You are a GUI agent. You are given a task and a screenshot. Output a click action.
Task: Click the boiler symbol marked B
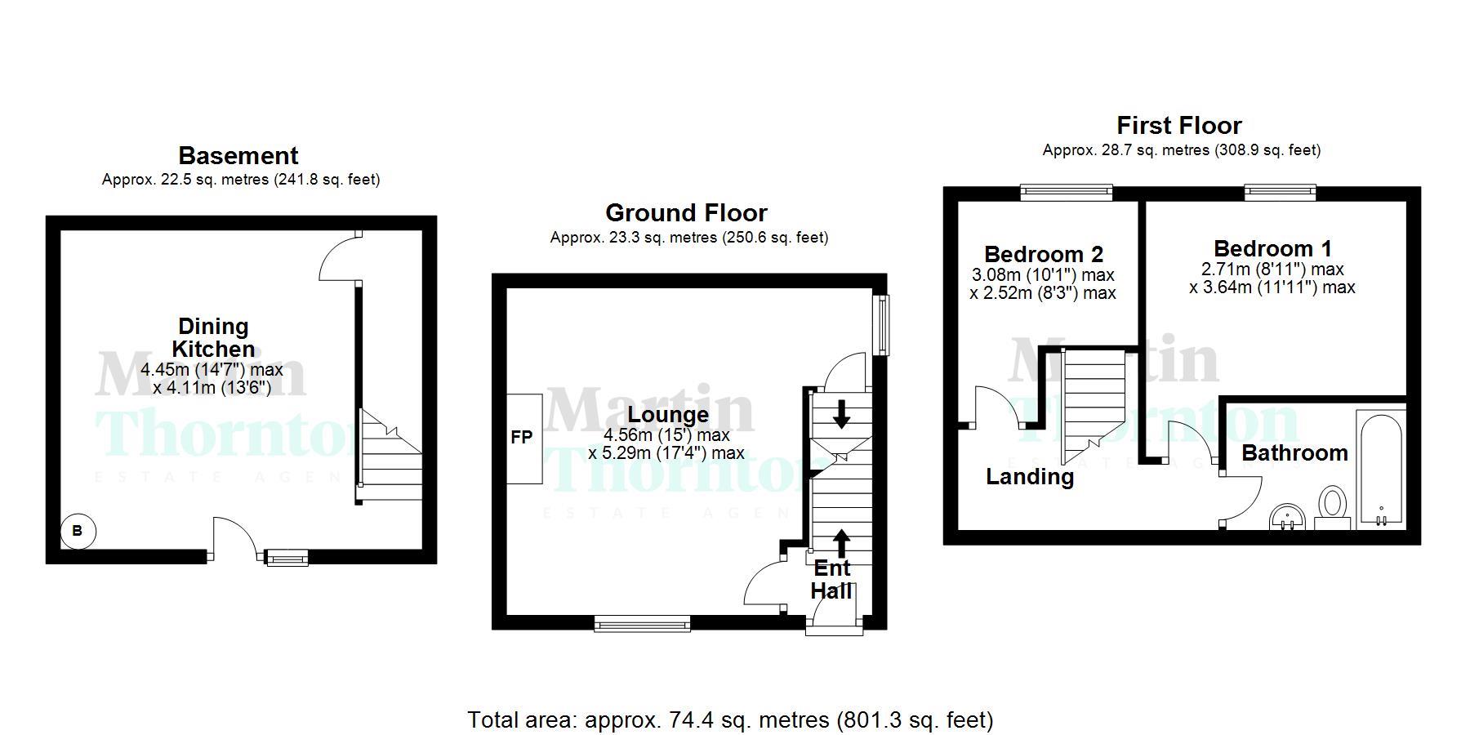[x=78, y=532]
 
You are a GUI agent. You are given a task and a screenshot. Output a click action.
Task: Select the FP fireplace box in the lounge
[x=523, y=439]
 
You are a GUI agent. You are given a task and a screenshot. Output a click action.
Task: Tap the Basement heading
[x=238, y=156]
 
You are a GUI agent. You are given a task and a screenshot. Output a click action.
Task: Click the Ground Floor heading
[x=686, y=213]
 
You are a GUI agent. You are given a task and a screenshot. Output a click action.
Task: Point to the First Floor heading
[x=1178, y=126]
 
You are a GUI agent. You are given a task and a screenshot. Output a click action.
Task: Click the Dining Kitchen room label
[x=213, y=337]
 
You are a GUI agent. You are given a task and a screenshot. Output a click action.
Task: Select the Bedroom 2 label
[x=1043, y=254]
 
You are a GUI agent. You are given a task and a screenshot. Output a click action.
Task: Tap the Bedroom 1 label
[x=1272, y=248]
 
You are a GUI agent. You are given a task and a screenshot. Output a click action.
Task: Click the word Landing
[x=1030, y=477]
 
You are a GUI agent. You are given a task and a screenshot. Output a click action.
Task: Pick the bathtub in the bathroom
[x=1380, y=470]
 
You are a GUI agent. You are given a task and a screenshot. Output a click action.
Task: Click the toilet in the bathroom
[x=1333, y=504]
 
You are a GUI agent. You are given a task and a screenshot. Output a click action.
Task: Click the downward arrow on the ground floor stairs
[x=840, y=414]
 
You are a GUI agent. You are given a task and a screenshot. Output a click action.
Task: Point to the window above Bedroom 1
[x=1280, y=193]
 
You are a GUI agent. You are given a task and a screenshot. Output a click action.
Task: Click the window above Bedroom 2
[x=1066, y=193]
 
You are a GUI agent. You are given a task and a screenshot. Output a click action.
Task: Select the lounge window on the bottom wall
[x=642, y=624]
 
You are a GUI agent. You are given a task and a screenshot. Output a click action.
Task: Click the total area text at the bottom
[x=730, y=720]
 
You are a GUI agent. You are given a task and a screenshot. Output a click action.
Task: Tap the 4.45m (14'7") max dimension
[x=212, y=370]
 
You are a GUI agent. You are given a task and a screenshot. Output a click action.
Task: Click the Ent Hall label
[x=831, y=579]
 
